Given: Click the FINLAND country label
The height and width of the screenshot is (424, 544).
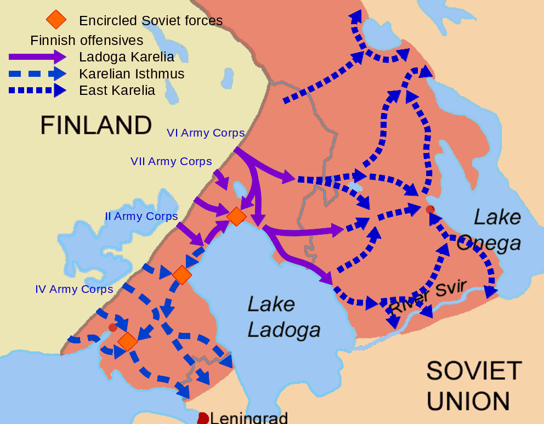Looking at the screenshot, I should pyautogui.click(x=96, y=125).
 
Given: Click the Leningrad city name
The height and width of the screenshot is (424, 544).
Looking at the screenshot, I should pyautogui.click(x=249, y=418).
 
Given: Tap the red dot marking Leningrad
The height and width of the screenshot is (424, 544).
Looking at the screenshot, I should pyautogui.click(x=203, y=419).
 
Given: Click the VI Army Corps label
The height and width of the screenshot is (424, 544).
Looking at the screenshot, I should pyautogui.click(x=206, y=133).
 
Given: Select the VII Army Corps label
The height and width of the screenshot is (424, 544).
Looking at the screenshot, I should pyautogui.click(x=171, y=161).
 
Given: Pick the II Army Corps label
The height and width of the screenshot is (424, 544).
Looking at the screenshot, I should pyautogui.click(x=141, y=216).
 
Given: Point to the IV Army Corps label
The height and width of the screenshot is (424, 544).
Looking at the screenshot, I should pyautogui.click(x=74, y=289).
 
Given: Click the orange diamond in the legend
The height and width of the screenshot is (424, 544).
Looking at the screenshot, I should pyautogui.click(x=56, y=20).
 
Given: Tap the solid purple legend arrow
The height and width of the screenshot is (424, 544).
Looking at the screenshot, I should pyautogui.click(x=37, y=56).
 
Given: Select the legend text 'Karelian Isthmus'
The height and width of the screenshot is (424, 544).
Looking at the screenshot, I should pyautogui.click(x=132, y=74).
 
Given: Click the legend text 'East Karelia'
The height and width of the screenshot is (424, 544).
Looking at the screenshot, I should pyautogui.click(x=117, y=91).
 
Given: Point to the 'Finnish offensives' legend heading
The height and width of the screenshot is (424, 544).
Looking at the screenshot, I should pyautogui.click(x=87, y=40).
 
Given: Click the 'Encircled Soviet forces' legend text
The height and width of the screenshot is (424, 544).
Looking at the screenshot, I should pyautogui.click(x=151, y=21).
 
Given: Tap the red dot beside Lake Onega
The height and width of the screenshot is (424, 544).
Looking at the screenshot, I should pyautogui.click(x=430, y=209).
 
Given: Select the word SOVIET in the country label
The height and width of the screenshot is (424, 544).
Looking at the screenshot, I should pyautogui.click(x=474, y=371).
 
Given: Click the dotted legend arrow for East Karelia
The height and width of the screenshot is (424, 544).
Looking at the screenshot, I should pyautogui.click(x=37, y=91).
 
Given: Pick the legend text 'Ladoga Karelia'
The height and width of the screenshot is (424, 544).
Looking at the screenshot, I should pyautogui.click(x=127, y=56).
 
